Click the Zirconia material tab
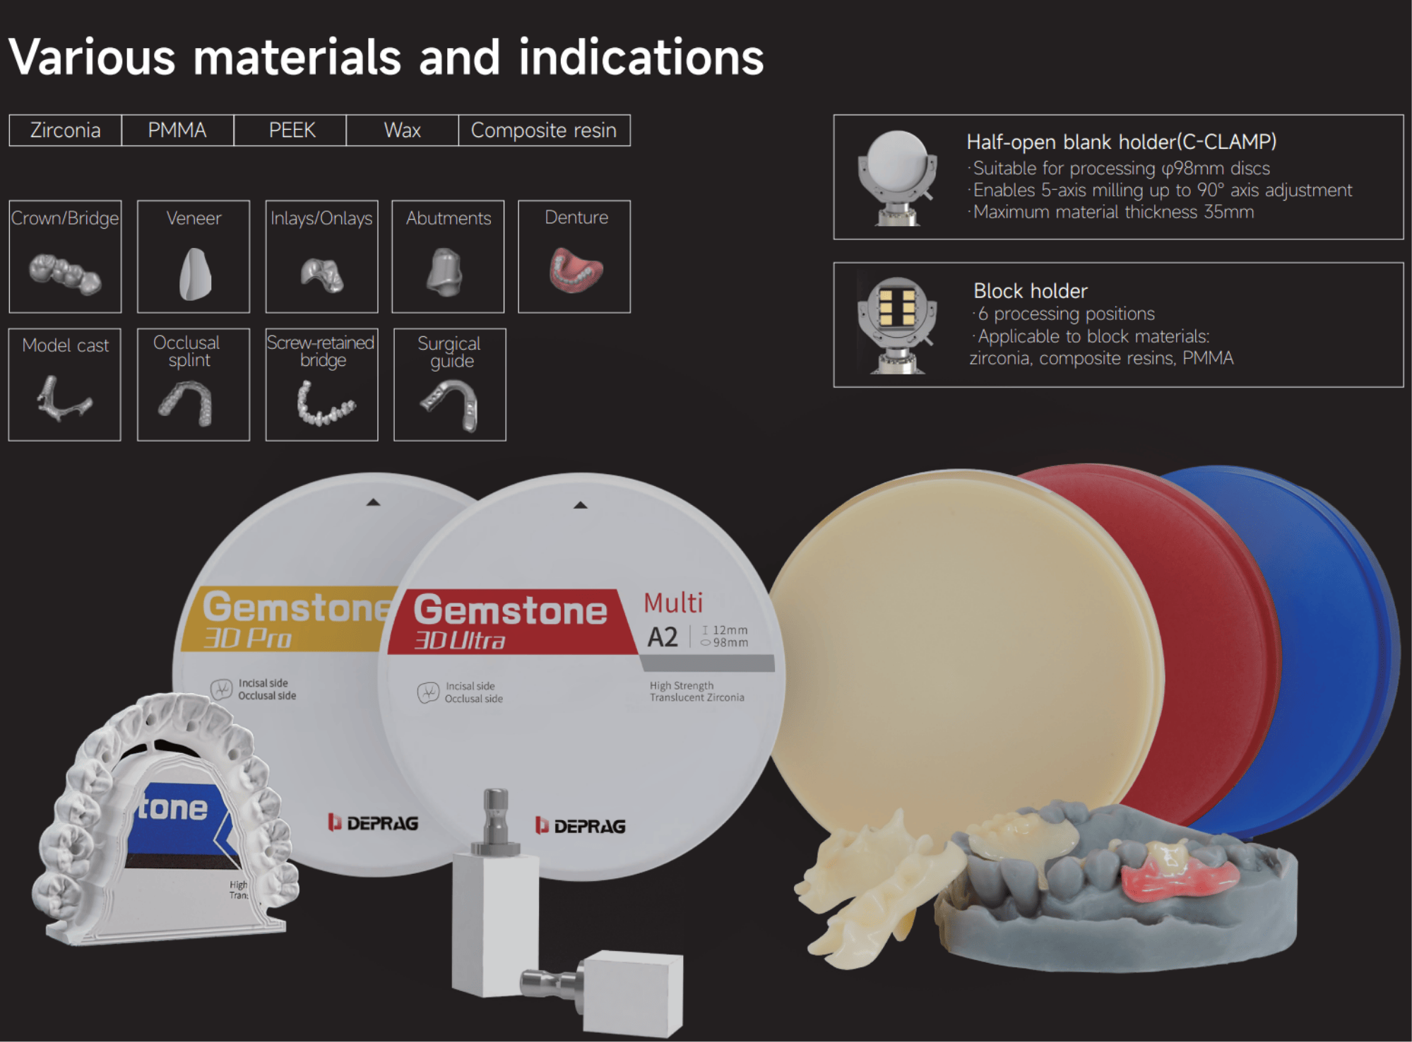coord(65,130)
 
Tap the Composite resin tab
coord(544,130)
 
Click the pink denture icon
coord(576,269)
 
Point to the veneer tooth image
coord(195,274)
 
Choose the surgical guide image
coord(451,404)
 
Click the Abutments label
coord(449,218)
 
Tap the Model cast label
coord(66,345)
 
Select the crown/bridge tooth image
coord(65,273)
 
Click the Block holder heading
coord(1030,291)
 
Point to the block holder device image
coord(897,324)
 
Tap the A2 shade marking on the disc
coord(663,637)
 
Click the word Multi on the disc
coord(673,603)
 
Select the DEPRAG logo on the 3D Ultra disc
coord(581,826)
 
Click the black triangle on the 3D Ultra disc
coord(581,505)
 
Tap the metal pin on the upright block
coord(495,820)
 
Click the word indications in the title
coord(641,57)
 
